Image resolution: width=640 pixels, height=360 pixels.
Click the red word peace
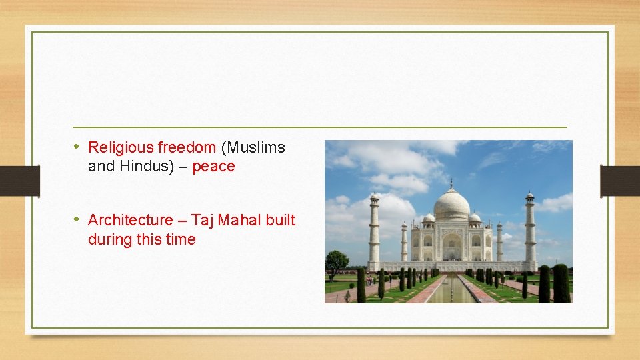tap(213, 167)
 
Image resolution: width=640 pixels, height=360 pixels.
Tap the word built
tap(280, 220)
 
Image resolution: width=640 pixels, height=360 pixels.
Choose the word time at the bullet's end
tap(181, 239)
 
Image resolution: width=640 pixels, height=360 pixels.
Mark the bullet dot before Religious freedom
tap(77, 147)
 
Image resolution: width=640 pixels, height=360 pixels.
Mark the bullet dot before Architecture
tap(77, 219)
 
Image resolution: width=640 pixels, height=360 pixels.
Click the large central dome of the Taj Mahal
tap(451, 207)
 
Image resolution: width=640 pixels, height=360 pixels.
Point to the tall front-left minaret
tap(374, 230)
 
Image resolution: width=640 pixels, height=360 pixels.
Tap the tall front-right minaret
tap(529, 230)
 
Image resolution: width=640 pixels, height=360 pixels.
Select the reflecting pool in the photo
tap(451, 290)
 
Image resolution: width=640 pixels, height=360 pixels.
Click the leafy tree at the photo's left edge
tap(336, 261)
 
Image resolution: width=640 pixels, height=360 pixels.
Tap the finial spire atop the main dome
tap(451, 183)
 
